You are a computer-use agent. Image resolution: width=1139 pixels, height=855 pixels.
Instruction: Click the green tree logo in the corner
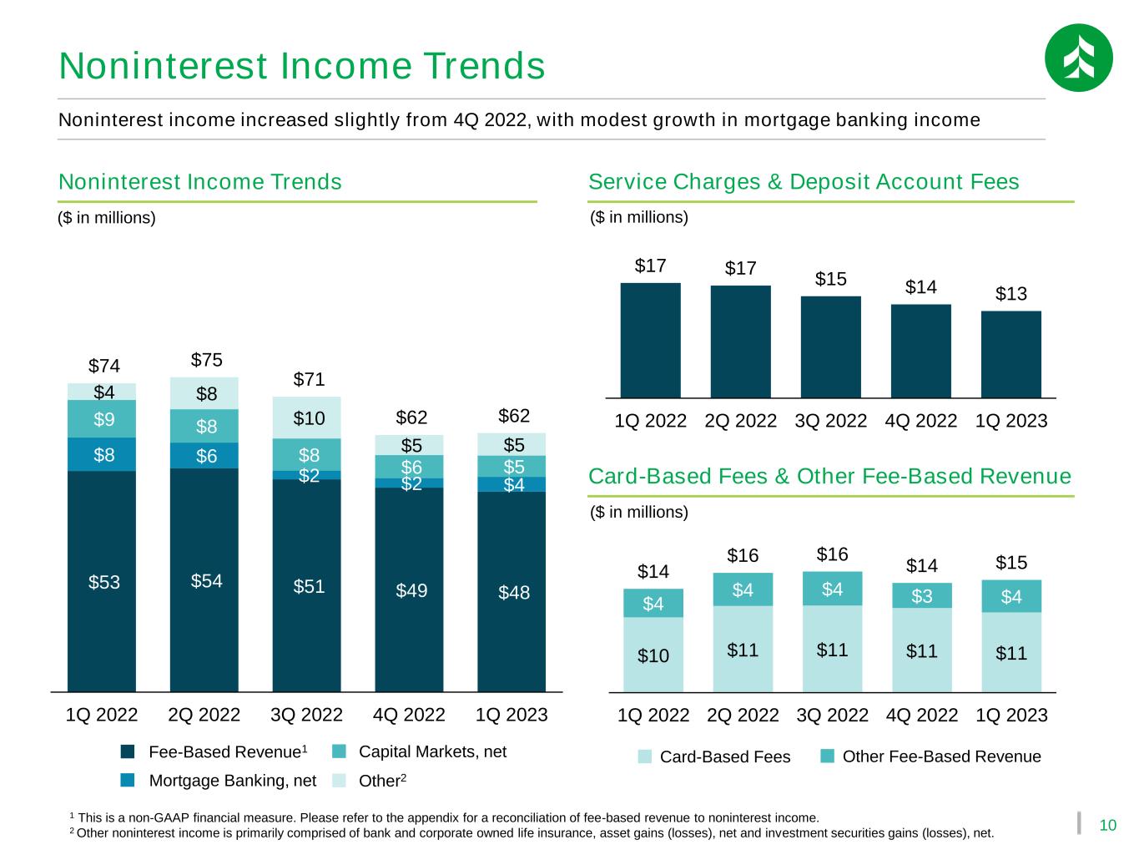pyautogui.click(x=1078, y=58)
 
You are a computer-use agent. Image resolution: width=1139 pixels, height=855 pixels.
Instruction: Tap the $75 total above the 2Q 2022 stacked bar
pyautogui.click(x=206, y=360)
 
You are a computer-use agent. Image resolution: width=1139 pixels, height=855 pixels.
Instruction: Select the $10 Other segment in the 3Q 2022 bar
pyautogui.click(x=307, y=417)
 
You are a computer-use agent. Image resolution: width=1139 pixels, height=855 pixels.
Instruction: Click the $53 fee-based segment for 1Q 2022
pyautogui.click(x=102, y=581)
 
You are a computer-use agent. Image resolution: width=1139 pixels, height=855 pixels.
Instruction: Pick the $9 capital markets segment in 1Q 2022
pyautogui.click(x=102, y=419)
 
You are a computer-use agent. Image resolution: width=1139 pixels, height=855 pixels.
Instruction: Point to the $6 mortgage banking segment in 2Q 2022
pyautogui.click(x=204, y=456)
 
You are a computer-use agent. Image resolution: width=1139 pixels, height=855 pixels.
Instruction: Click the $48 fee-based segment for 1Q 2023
pyautogui.click(x=512, y=592)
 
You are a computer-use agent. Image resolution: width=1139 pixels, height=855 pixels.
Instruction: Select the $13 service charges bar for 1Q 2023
pyautogui.click(x=1010, y=355)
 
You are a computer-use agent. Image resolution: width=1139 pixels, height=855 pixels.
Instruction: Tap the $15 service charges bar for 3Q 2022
pyautogui.click(x=831, y=347)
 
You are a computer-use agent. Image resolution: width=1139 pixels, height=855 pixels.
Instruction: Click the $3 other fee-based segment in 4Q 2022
pyautogui.click(x=921, y=595)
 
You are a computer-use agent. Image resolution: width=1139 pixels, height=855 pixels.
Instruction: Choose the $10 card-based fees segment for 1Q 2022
pyautogui.click(x=653, y=655)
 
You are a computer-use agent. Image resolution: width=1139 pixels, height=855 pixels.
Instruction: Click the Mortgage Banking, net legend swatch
pyautogui.click(x=127, y=780)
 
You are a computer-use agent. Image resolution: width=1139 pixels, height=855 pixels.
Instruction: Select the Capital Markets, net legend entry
pyautogui.click(x=419, y=751)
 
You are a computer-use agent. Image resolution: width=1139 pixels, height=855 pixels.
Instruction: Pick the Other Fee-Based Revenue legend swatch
pyautogui.click(x=827, y=756)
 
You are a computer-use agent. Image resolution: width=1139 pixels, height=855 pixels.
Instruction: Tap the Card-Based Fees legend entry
pyautogui.click(x=714, y=756)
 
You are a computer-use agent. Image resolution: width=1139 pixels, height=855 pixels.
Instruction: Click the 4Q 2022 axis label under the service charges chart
pyautogui.click(x=921, y=421)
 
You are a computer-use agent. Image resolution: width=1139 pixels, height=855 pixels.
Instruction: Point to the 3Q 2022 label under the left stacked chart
pyautogui.click(x=307, y=715)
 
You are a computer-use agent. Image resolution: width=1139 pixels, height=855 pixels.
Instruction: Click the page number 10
pyautogui.click(x=1108, y=826)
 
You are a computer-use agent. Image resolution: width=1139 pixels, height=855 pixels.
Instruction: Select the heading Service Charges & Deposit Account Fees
pyautogui.click(x=804, y=182)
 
